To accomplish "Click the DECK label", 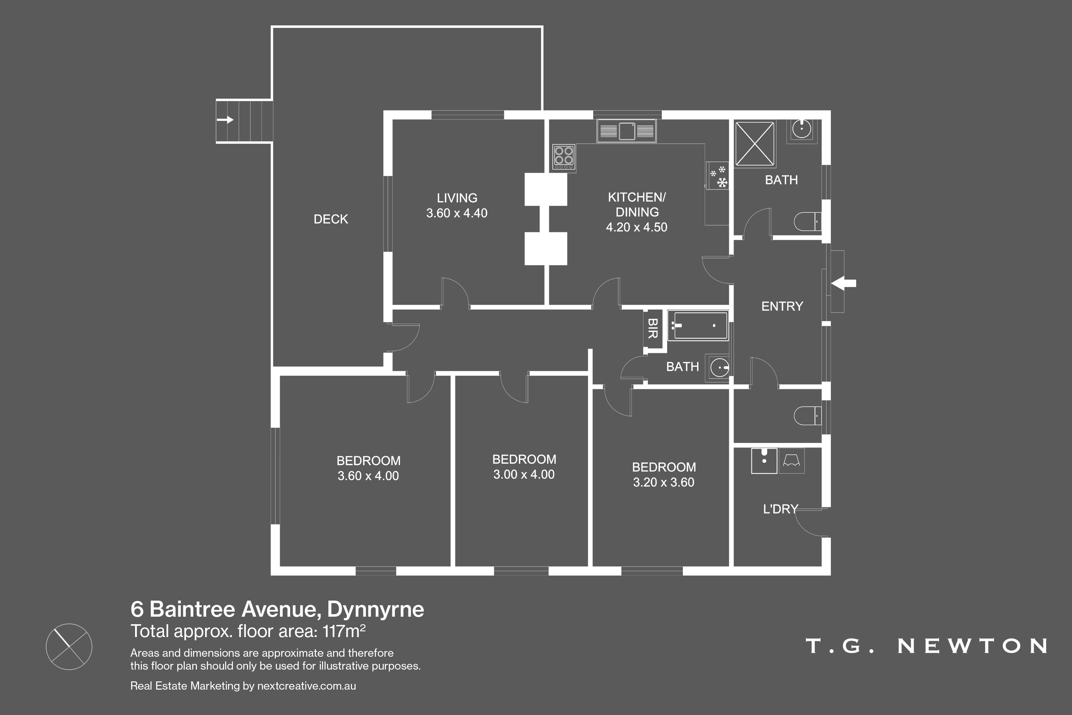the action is [331, 220].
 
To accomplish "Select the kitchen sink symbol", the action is [627, 131].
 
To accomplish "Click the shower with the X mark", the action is [755, 144].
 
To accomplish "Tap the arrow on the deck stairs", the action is [225, 120].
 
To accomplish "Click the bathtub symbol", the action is [698, 326].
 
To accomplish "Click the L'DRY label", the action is [780, 509].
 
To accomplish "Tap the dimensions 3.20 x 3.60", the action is [664, 482].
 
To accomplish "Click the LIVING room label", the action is [457, 198].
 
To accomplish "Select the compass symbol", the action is [69, 647].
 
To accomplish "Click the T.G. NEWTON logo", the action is [926, 646].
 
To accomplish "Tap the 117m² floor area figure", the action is [344, 631].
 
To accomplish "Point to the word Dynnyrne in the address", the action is [376, 610].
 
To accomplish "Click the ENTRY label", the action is [782, 306].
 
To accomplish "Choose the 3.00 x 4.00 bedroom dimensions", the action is [524, 475].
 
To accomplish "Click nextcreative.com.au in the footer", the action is [306, 686].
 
